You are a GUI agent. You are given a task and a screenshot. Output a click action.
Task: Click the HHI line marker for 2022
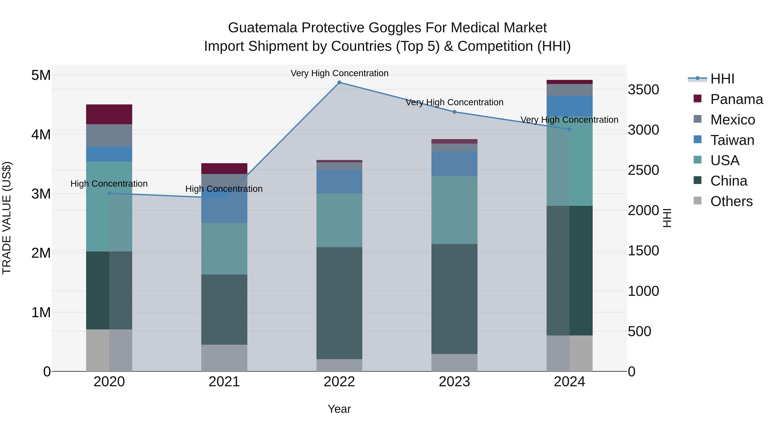tap(339, 82)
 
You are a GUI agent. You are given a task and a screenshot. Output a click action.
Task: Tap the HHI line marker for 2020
tap(109, 194)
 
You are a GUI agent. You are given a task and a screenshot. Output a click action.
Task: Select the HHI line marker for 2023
tap(454, 112)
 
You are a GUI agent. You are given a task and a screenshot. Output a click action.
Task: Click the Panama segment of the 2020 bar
tap(109, 114)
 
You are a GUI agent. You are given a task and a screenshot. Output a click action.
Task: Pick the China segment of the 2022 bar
tap(339, 303)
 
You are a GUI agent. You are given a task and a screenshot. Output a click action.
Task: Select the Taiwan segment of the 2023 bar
tap(454, 164)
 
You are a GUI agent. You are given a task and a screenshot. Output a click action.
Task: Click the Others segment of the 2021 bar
tap(224, 358)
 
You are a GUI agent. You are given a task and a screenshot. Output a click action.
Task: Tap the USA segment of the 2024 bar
tap(569, 161)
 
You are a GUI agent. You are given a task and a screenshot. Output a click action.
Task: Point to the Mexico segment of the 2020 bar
tap(109, 135)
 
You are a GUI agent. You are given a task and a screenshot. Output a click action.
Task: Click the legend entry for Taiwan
tap(732, 140)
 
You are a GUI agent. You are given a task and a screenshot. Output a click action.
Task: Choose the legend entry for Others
tap(731, 201)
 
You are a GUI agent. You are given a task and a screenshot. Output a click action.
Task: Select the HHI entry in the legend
tap(722, 79)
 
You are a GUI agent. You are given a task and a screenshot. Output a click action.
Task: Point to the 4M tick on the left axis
tap(41, 135)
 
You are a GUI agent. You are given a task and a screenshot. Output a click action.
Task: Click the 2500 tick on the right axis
tap(643, 170)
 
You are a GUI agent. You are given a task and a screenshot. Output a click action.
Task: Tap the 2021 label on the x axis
tap(224, 382)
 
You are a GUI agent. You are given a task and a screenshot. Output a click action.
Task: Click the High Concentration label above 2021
tap(224, 189)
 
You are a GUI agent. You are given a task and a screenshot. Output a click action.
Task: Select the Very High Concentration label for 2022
tap(339, 73)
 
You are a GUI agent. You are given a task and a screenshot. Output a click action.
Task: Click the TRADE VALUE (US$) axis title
tap(7, 218)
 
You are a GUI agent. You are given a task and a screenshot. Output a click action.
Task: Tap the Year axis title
tap(339, 409)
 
